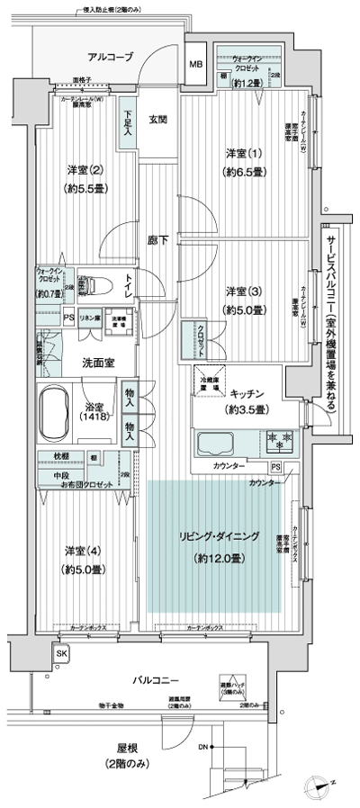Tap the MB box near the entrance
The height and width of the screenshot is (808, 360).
(x=195, y=65)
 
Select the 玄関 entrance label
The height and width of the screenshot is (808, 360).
(x=158, y=120)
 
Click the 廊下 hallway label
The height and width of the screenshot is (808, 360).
(x=158, y=240)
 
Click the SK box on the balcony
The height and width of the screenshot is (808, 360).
(x=61, y=652)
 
